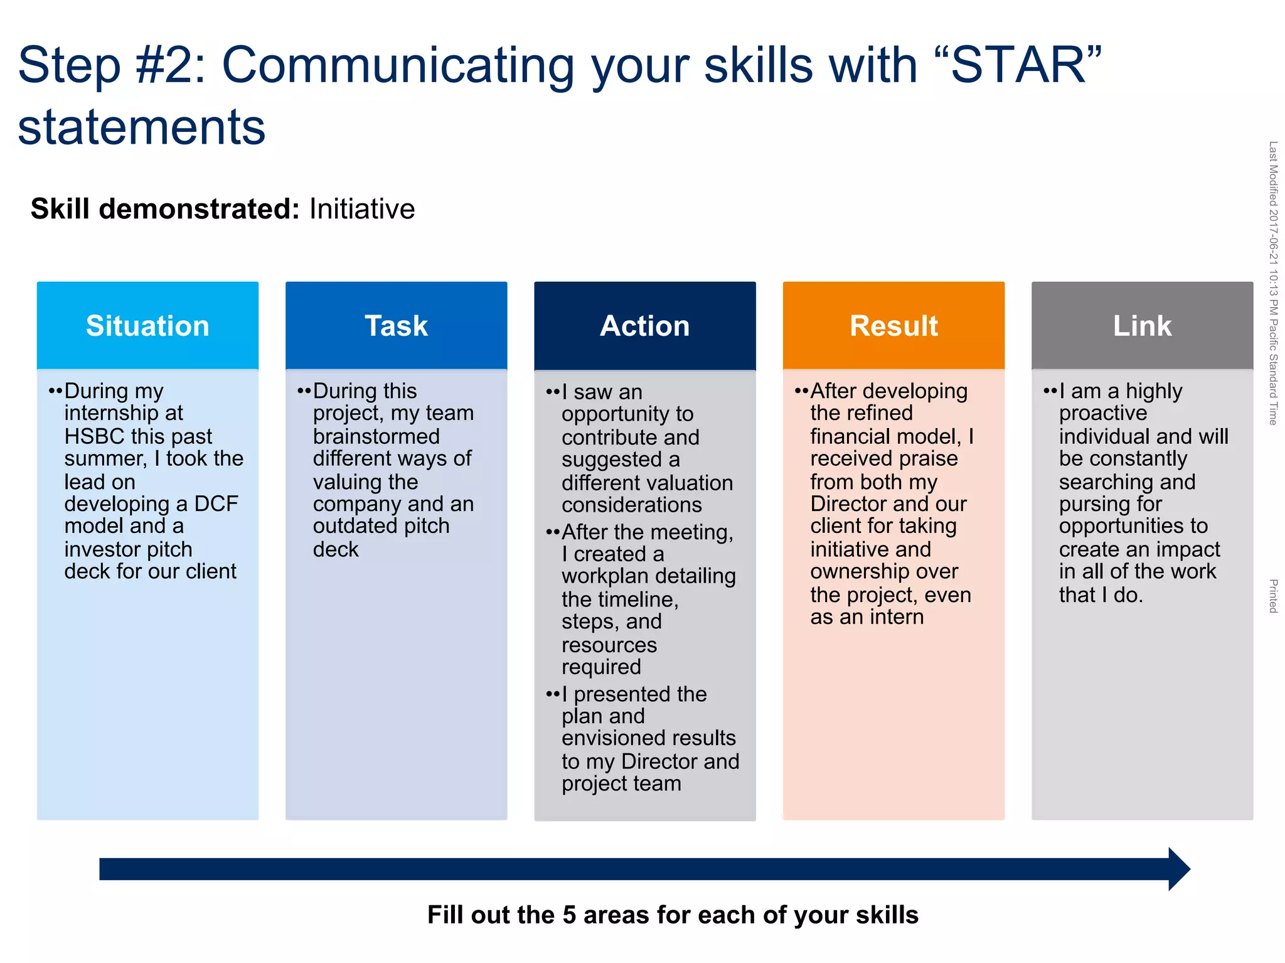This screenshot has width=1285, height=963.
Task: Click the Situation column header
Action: (x=147, y=325)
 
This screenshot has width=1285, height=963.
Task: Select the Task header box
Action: (x=396, y=325)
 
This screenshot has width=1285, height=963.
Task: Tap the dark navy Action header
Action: (x=644, y=325)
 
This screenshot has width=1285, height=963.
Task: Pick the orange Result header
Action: (x=893, y=325)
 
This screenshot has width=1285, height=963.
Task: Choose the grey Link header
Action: (x=1142, y=325)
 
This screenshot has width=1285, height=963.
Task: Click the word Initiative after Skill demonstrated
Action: (x=362, y=209)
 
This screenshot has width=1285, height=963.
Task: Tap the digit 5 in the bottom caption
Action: (x=569, y=915)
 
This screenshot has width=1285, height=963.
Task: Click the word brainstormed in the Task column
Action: (x=376, y=436)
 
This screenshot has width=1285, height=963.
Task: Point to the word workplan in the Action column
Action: (x=605, y=576)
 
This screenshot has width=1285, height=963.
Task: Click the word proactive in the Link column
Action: (x=1102, y=413)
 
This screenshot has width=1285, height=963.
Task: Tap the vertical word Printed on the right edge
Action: (x=1273, y=596)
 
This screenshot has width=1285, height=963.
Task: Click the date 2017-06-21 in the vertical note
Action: (x=1273, y=235)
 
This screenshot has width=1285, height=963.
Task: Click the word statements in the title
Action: (x=142, y=127)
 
